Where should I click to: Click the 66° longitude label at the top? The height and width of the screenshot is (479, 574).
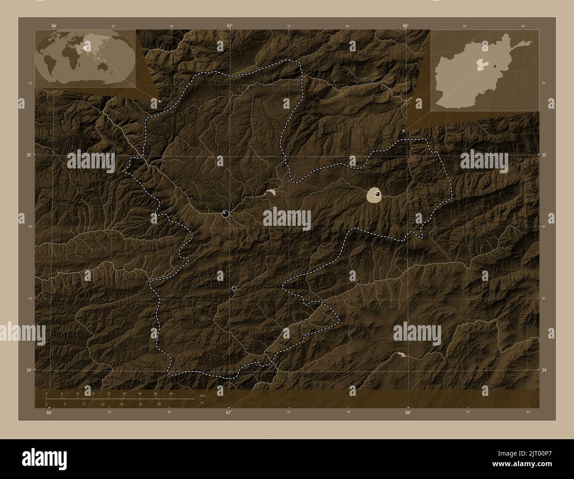pyautogui.click(x=54, y=26)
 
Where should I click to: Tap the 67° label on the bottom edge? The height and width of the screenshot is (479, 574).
pyautogui.click(x=229, y=413)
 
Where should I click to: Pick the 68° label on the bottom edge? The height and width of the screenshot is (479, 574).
pyautogui.click(x=408, y=413)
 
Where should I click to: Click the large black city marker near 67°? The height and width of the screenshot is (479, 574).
pyautogui.click(x=226, y=214)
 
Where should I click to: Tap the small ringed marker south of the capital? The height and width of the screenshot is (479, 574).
pyautogui.click(x=234, y=289)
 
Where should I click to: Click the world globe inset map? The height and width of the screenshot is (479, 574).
pyautogui.click(x=84, y=58)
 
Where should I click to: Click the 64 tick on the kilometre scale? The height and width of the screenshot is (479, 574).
pyautogui.click(x=170, y=393)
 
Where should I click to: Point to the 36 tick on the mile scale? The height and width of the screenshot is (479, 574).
pyautogui.click(x=159, y=404)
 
